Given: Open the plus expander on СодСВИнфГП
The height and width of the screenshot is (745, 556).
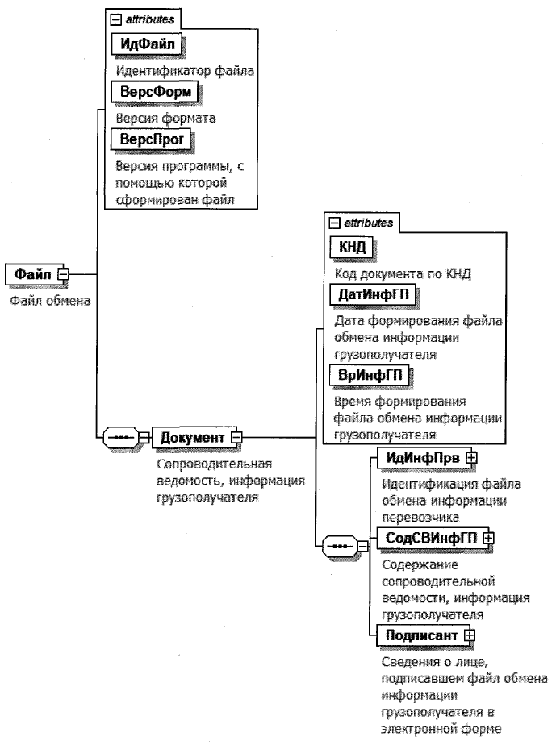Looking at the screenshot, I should point(487,536).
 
